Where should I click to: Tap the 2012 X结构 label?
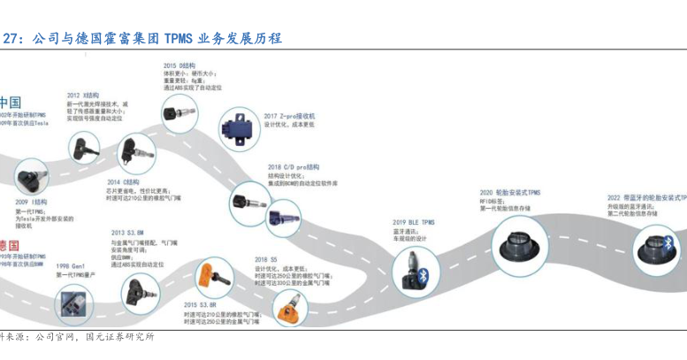[82, 95]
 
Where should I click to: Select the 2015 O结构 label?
[178, 66]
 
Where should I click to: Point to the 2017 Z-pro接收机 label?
[289, 116]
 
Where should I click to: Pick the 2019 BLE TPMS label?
[414, 222]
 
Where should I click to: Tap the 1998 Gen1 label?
[71, 266]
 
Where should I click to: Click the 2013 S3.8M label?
[127, 233]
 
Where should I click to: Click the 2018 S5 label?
[266, 260]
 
